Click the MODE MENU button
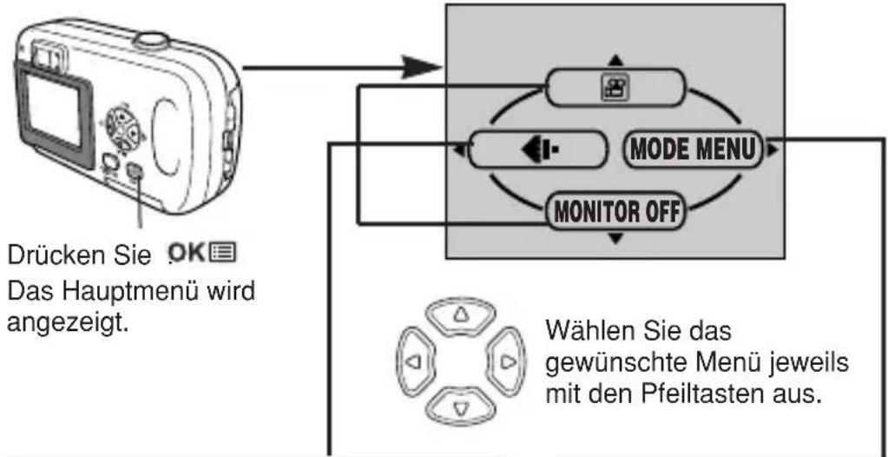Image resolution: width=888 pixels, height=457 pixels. click(x=693, y=149)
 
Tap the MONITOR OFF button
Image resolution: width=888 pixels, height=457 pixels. click(x=615, y=212)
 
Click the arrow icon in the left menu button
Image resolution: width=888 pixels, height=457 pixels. click(x=538, y=149)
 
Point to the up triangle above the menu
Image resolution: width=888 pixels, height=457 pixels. click(x=616, y=60)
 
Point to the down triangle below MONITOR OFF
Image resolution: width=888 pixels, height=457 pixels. click(x=616, y=239)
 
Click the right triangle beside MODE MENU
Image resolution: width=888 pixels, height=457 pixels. click(x=773, y=150)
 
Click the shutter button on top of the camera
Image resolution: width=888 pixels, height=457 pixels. click(x=150, y=40)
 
